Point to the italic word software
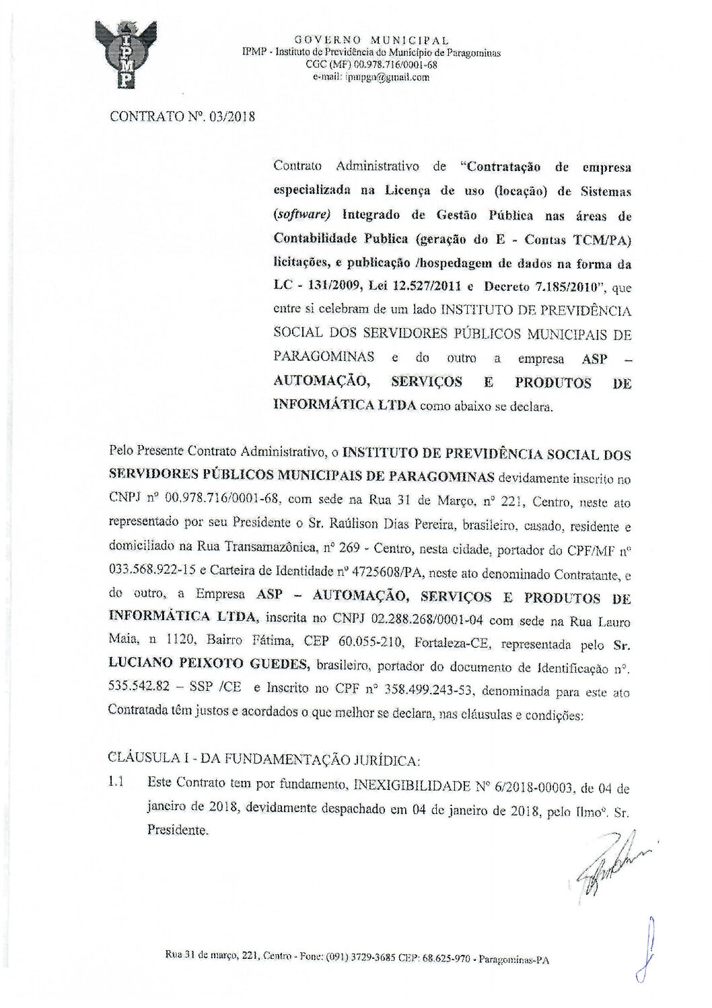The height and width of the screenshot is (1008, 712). [x=302, y=216]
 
